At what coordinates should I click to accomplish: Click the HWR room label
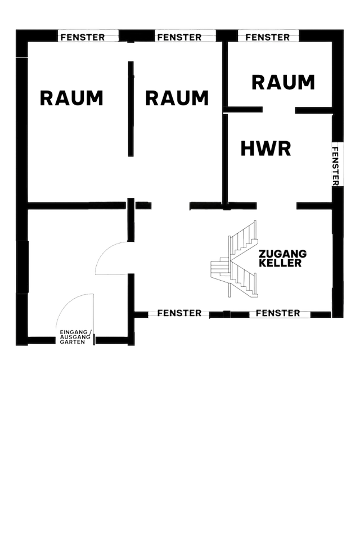265,148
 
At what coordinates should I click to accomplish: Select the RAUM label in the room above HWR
282,83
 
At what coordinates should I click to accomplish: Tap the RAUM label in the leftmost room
71,98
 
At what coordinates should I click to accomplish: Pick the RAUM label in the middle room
177,98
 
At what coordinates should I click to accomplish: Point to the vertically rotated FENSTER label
336,164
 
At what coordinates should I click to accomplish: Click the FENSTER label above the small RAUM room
268,37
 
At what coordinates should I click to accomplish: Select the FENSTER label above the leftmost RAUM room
82,37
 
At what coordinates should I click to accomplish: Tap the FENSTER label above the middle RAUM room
179,37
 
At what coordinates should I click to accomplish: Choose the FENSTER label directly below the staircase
278,313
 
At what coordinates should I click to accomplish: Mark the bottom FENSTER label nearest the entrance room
179,313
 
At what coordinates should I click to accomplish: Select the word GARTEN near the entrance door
72,342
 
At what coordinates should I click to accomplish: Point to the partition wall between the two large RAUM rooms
131,110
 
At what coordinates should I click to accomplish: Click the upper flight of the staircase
246,236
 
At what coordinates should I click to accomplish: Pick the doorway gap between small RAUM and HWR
278,109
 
